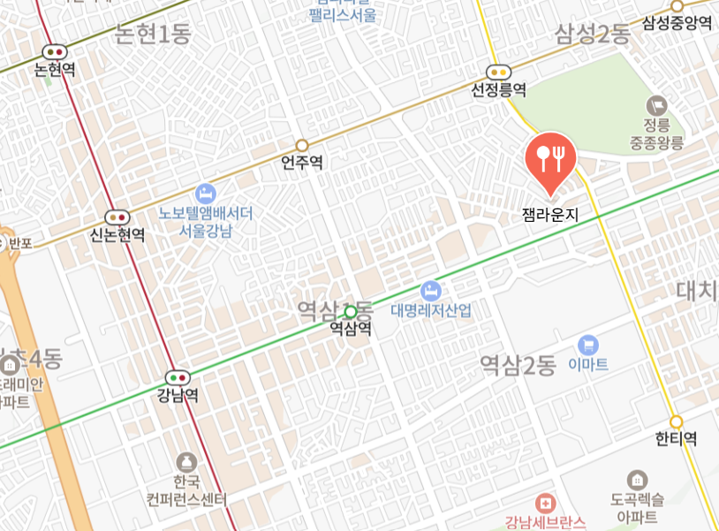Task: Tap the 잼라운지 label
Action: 550,214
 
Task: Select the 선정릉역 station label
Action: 499,90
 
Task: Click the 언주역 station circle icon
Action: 302,145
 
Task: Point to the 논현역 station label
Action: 55,71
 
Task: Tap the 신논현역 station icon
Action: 117,217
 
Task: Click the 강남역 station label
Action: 178,395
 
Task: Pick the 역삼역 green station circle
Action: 351,311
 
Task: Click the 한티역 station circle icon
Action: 677,422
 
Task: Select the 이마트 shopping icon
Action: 588,345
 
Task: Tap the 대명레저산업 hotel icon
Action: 430,289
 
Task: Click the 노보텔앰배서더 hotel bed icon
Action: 206,193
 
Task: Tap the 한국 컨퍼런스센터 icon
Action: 186,462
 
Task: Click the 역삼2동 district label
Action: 518,364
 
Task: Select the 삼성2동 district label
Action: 592,34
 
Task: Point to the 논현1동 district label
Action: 154,34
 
